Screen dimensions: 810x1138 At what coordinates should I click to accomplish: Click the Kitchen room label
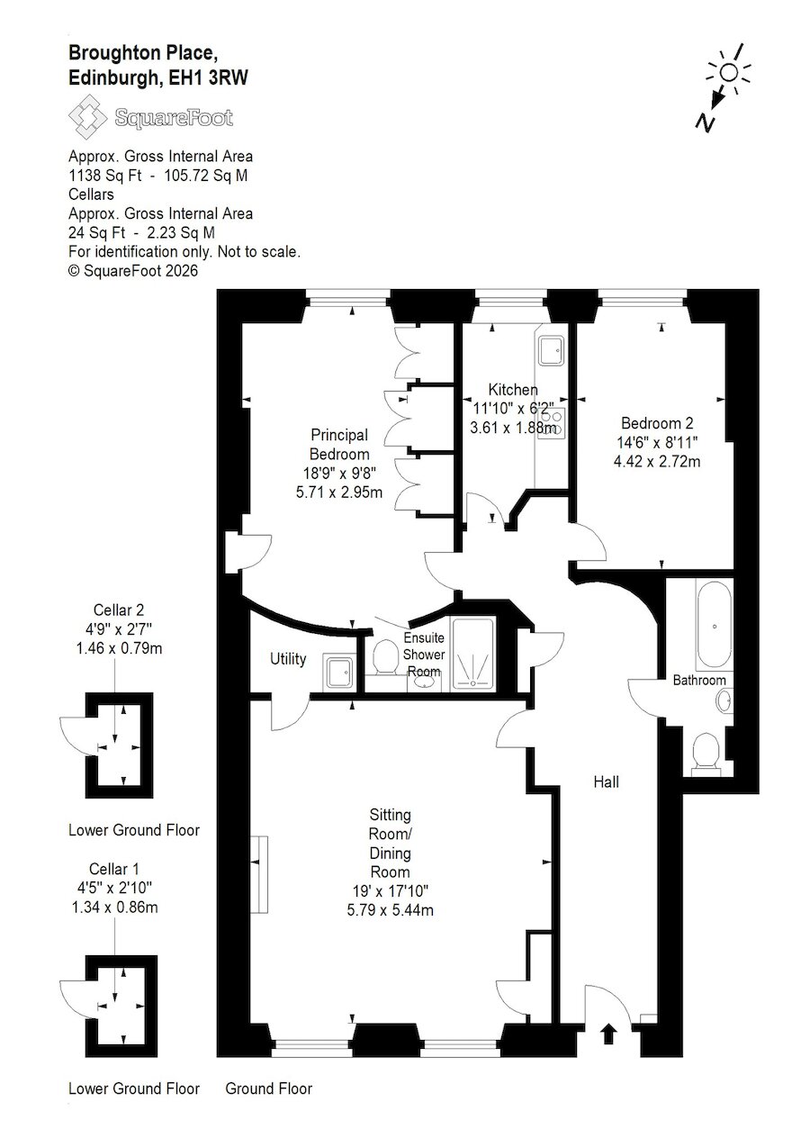point(513,390)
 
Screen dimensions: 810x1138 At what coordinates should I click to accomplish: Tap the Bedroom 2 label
point(657,423)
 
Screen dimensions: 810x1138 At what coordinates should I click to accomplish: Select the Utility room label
point(288,659)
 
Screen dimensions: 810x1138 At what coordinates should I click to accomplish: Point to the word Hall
point(607,781)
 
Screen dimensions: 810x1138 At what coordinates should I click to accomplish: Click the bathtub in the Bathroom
point(715,626)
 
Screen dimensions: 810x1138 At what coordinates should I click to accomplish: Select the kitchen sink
point(551,350)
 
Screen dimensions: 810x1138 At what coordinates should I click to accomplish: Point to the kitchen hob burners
point(553,423)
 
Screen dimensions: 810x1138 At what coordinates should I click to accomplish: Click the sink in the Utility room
point(337,672)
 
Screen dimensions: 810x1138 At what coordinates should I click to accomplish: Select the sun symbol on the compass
point(729,73)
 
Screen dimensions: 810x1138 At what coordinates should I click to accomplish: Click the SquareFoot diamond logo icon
point(88,118)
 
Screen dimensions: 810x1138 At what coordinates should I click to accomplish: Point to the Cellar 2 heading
point(119,610)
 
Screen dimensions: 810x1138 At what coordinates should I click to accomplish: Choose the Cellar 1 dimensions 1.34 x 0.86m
point(115,907)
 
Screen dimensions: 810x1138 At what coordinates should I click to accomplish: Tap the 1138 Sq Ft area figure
point(105,176)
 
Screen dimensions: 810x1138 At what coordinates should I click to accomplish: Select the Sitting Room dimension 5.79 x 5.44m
point(390,910)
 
